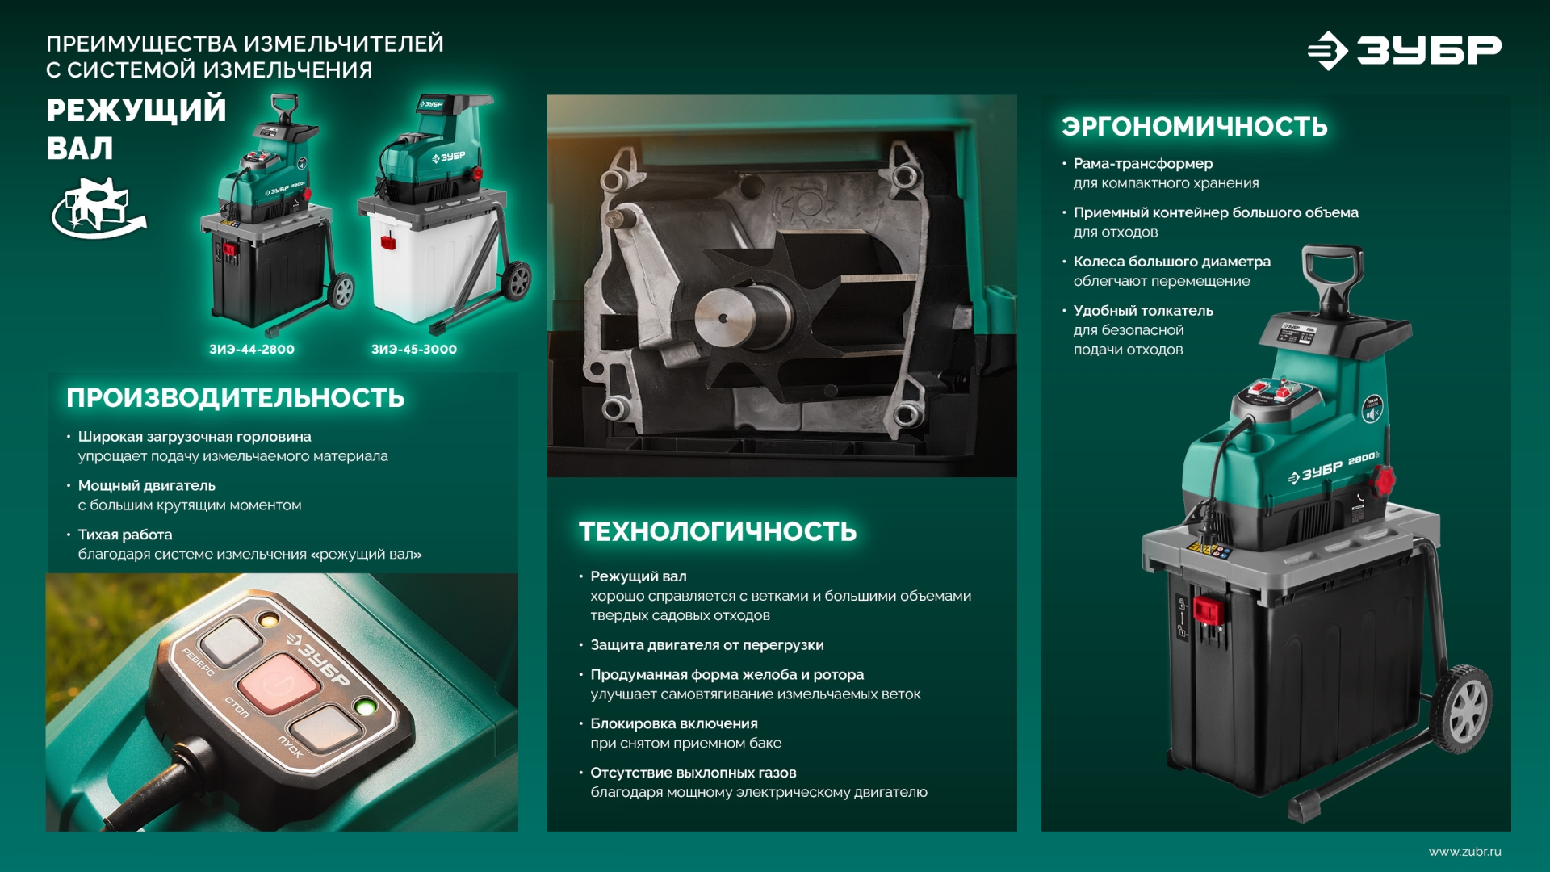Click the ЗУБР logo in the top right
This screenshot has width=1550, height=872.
point(1405,50)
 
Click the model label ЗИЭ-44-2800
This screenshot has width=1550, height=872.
point(252,350)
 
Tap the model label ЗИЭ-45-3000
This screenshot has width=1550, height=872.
point(414,350)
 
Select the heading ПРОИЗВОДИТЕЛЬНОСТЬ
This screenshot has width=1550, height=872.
point(235,398)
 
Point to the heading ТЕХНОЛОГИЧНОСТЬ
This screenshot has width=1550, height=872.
point(718,531)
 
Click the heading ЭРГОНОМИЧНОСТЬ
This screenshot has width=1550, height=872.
point(1194,127)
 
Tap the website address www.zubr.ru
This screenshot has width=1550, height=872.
point(1464,852)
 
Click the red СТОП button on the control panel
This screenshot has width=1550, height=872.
point(279,682)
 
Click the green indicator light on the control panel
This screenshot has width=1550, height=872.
point(365,708)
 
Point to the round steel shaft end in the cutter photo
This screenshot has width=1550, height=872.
point(731,317)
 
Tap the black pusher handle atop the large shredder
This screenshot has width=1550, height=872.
point(1333,275)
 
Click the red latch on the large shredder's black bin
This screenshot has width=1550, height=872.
point(1209,610)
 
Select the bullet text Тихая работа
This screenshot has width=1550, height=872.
point(125,535)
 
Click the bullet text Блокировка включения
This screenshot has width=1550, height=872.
point(673,723)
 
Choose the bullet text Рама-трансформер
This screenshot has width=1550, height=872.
point(1142,163)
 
